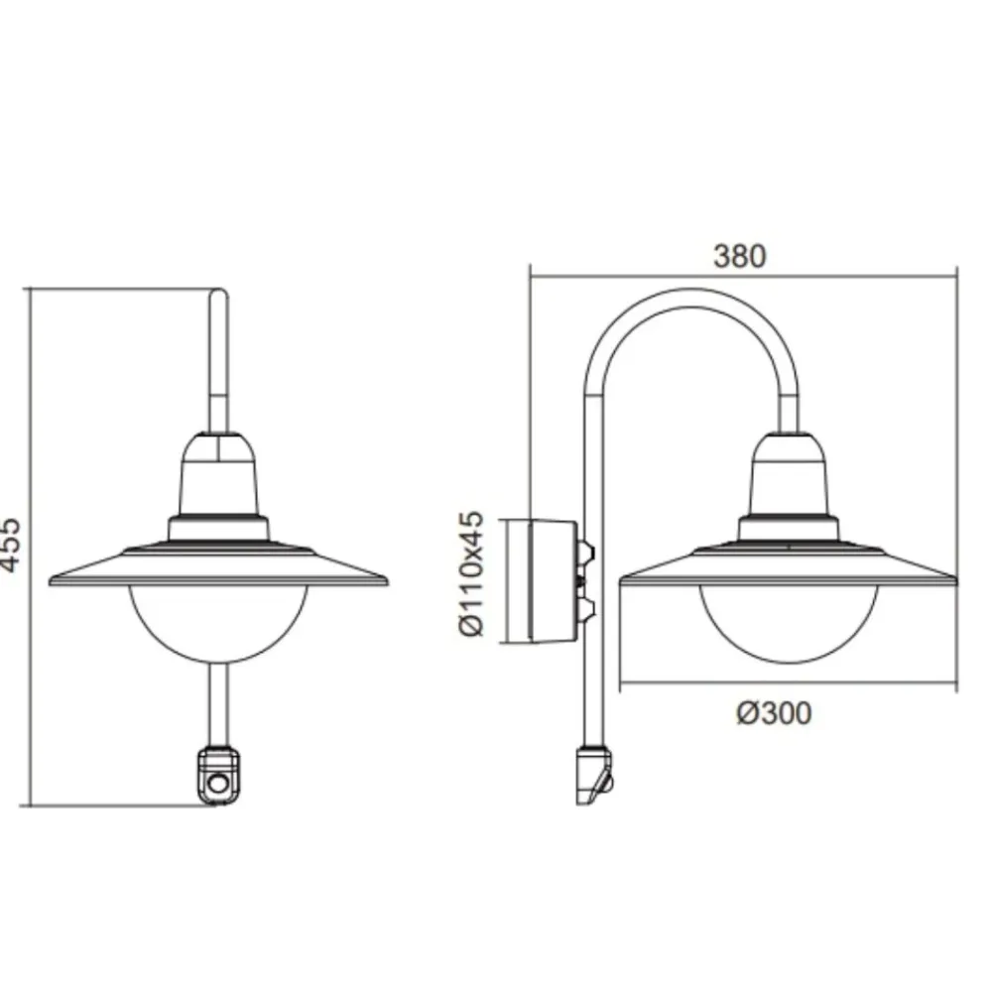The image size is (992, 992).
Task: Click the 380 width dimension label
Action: (x=740, y=256)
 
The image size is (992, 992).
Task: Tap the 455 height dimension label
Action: (x=10, y=545)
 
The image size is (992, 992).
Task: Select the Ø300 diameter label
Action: (x=774, y=713)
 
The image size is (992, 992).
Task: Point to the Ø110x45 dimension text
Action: (x=470, y=573)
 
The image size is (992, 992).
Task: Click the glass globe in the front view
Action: (x=218, y=623)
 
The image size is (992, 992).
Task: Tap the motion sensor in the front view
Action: (x=219, y=777)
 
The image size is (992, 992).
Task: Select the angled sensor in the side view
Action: (x=594, y=776)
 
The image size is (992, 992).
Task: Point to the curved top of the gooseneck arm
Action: (x=690, y=298)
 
